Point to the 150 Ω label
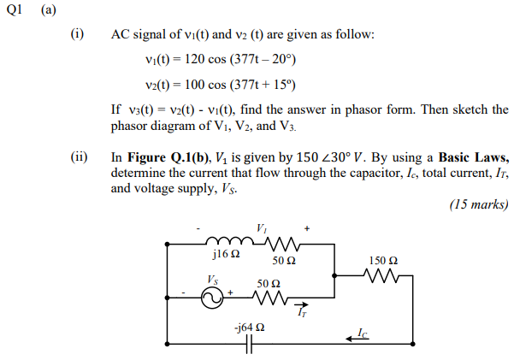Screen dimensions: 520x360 click(382, 259)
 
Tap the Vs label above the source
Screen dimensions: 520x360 click(212, 279)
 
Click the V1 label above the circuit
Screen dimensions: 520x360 click(261, 227)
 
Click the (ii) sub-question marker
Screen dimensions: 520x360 click(79, 158)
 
